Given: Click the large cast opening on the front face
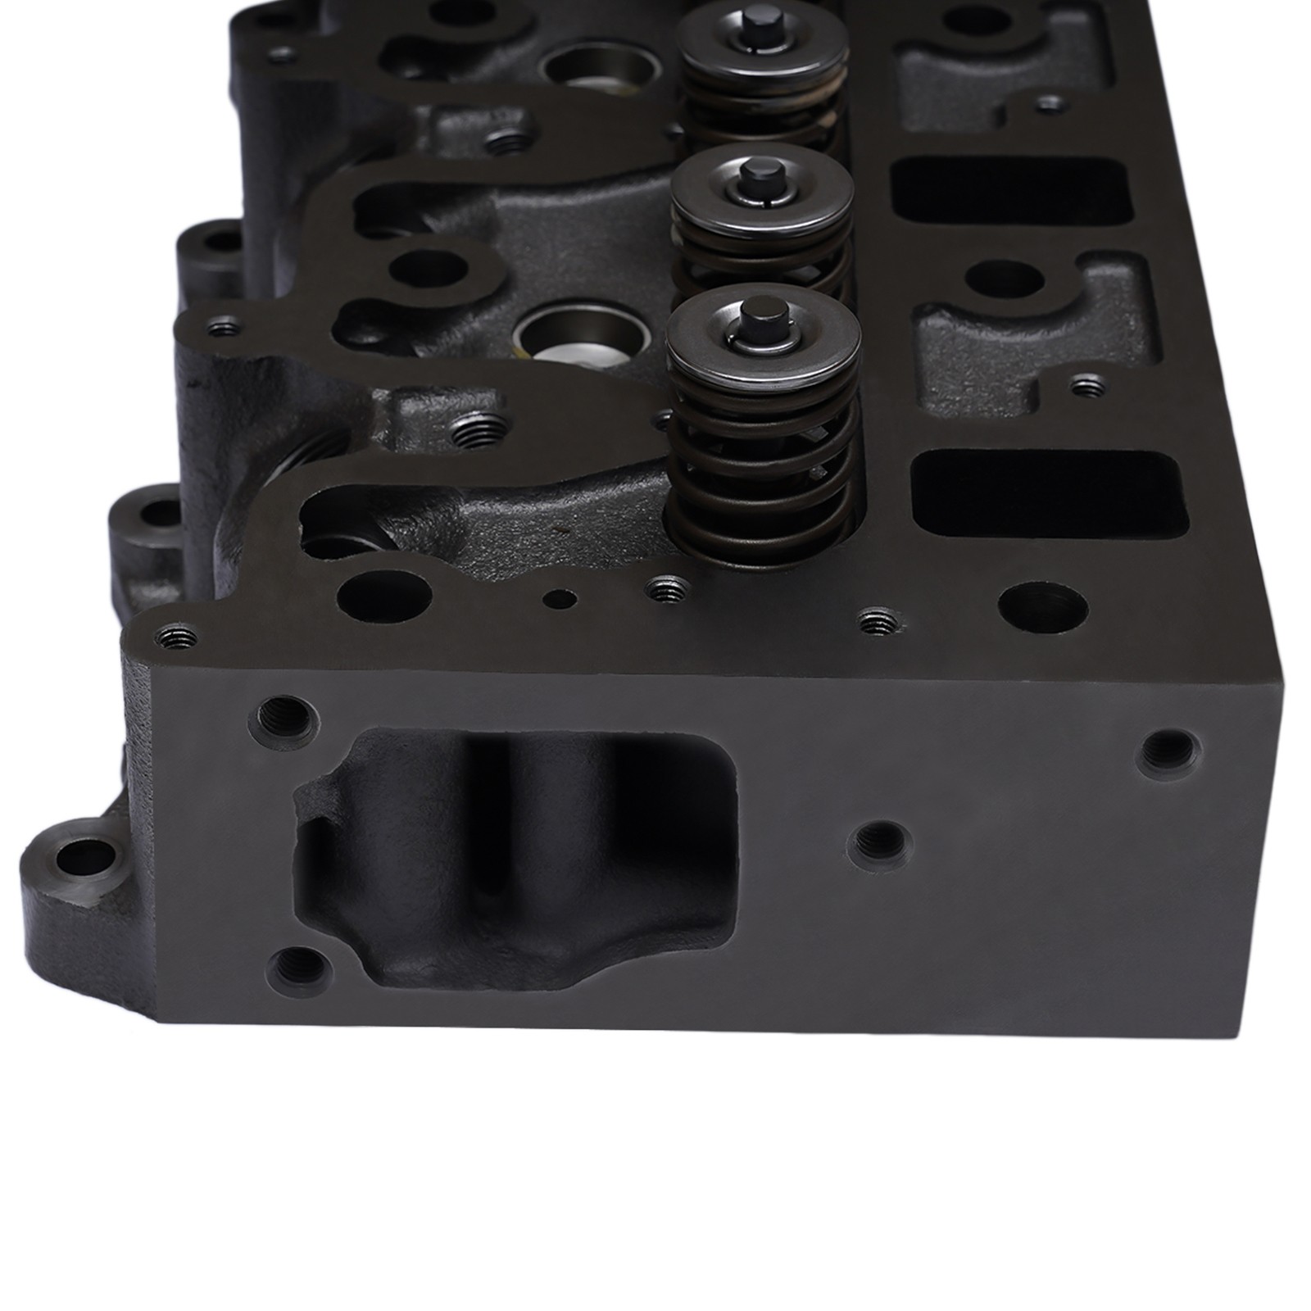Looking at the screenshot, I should tap(516, 856).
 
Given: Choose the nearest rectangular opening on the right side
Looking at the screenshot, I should tap(1049, 490).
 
